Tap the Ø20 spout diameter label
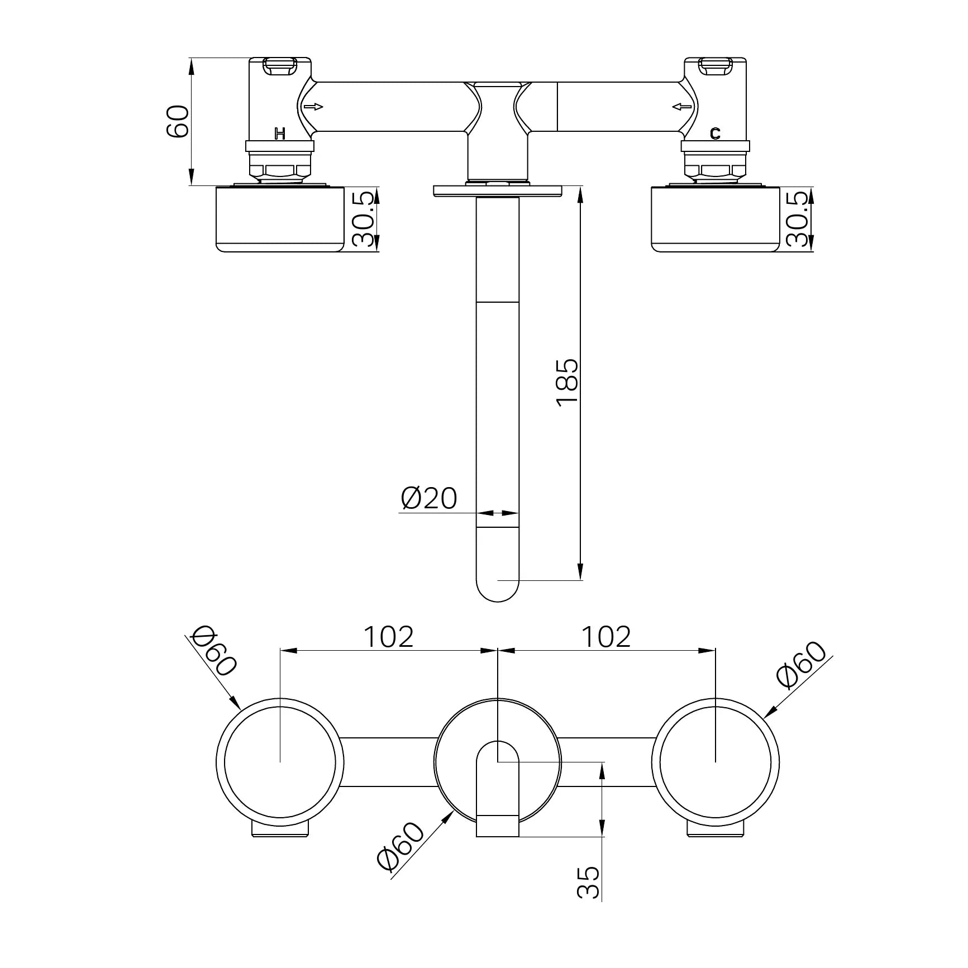click(429, 498)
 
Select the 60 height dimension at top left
click(178, 121)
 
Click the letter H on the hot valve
click(280, 133)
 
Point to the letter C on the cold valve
click(715, 133)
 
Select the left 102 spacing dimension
click(388, 636)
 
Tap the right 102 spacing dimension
click(606, 636)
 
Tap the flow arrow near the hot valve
click(313, 107)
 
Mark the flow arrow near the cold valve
click(681, 107)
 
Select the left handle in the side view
click(280, 220)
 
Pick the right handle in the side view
click(715, 220)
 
